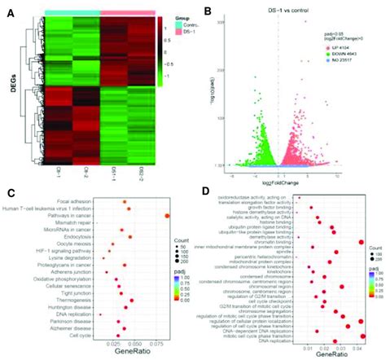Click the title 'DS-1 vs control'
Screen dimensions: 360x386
pos(279,9)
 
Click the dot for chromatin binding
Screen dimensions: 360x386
pos(361,242)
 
